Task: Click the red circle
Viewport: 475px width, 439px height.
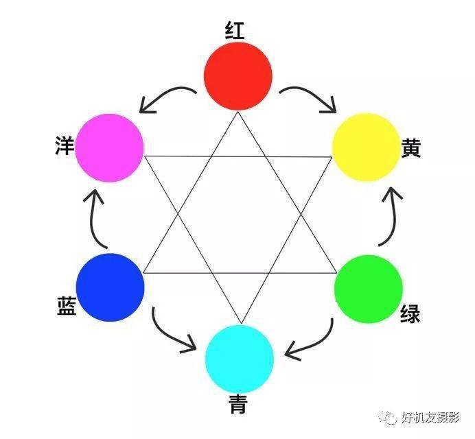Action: tap(238, 76)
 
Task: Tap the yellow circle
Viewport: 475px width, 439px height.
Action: tap(366, 147)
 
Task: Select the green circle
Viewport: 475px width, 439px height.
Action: tap(369, 289)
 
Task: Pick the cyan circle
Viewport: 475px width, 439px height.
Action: tap(240, 359)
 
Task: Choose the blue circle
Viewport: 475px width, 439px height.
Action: tap(111, 287)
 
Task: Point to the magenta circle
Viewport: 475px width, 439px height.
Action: tap(109, 147)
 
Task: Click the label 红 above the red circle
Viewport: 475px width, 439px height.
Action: tap(235, 30)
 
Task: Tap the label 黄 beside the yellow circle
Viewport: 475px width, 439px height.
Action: tap(411, 148)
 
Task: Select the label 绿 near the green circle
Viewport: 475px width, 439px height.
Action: tap(410, 313)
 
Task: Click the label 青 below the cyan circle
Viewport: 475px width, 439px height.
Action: tap(240, 404)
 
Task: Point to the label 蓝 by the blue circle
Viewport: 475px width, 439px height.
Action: tap(67, 306)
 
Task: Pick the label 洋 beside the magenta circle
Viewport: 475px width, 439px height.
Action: tap(65, 145)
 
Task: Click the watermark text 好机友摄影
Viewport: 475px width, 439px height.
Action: tap(431, 418)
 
